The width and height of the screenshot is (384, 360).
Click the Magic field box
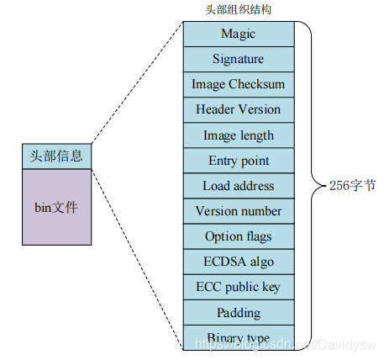click(x=238, y=34)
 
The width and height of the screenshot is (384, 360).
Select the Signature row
click(x=238, y=59)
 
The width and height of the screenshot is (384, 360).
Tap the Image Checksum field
click(x=238, y=84)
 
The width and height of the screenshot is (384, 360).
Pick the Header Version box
click(x=238, y=109)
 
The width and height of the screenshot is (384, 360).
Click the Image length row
click(x=238, y=135)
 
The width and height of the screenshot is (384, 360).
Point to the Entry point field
click(x=238, y=160)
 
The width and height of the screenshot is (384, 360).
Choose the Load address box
click(x=238, y=185)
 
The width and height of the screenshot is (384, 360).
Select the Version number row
click(x=238, y=210)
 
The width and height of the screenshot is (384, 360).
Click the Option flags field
click(x=238, y=236)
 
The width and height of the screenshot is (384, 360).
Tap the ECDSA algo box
click(x=238, y=262)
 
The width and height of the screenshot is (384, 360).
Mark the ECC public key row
click(x=238, y=287)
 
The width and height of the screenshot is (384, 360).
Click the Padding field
click(x=238, y=312)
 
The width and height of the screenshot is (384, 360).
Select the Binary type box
click(x=238, y=337)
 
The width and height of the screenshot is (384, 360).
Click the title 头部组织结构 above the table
click(x=238, y=9)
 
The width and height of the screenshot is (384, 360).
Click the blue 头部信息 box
click(x=57, y=156)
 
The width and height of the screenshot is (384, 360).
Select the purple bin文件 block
click(x=57, y=207)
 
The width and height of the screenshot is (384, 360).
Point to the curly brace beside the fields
click(x=308, y=185)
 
